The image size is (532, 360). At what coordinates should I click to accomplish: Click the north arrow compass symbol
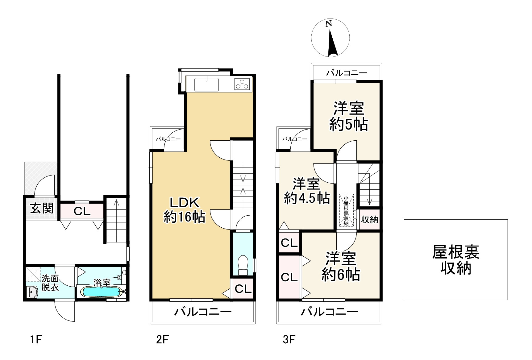click(330, 39)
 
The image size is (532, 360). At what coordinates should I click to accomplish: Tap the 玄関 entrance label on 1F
click(42, 209)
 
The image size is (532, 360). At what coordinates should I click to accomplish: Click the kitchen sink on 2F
click(206, 85)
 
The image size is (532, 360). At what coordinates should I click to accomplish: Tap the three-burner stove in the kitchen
click(242, 84)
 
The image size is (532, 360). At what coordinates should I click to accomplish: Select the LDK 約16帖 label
click(185, 210)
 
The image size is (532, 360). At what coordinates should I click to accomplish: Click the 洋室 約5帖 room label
click(348, 116)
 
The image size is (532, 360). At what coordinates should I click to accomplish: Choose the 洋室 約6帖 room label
click(341, 266)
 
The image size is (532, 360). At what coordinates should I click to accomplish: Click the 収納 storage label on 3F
click(369, 220)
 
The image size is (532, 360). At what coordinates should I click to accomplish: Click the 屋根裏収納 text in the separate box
click(455, 260)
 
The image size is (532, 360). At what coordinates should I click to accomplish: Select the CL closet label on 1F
click(82, 211)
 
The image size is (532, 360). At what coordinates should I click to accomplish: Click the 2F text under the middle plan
click(162, 340)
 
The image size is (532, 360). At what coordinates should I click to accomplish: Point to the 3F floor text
click(289, 340)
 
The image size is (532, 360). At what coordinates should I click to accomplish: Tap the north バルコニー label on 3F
click(347, 73)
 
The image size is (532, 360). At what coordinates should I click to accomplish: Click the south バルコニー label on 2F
click(203, 312)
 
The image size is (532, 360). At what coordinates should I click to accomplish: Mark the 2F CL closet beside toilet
click(243, 289)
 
